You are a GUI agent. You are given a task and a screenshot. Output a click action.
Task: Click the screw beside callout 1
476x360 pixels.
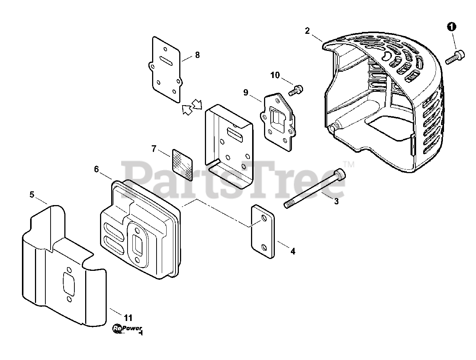coord(454,57)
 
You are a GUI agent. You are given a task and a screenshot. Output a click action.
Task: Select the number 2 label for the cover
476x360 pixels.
coord(307,31)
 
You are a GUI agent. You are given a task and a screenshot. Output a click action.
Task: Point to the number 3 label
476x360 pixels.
coord(336,201)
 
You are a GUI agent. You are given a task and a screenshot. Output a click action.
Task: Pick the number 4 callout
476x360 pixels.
coord(293,252)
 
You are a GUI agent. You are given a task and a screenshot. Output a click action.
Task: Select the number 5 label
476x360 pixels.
coord(32,194)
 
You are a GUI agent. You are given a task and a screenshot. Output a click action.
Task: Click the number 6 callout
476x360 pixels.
coord(96,170)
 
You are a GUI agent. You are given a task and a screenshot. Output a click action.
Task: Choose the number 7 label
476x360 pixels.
coord(154,149)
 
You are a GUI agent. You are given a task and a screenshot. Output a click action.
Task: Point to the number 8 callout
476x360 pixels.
coord(197,55)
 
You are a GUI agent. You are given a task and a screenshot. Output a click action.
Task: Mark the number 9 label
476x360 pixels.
coord(246,92)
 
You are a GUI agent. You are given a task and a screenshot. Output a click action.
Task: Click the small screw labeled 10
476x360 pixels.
coord(296,89)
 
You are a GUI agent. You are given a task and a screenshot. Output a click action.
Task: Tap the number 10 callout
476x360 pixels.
coord(275,75)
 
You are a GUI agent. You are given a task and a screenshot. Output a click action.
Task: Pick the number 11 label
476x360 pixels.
coord(128,318)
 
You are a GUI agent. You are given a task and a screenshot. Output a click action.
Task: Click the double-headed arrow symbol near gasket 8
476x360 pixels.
coord(192,106)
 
